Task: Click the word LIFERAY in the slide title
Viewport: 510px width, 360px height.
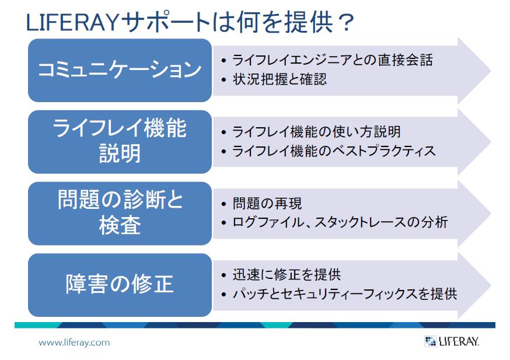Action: tap(72, 22)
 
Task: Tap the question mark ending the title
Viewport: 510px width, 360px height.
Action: tap(346, 22)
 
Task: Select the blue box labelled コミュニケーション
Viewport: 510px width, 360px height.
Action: tap(120, 70)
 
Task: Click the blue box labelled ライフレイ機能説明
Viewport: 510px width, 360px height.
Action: tap(120, 142)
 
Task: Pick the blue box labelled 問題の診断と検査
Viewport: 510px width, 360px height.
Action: tap(120, 214)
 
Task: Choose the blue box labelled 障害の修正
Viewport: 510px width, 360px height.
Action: tap(120, 285)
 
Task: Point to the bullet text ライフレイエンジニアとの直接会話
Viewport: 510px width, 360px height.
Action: tap(333, 60)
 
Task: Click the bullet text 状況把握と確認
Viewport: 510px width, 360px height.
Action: tap(280, 79)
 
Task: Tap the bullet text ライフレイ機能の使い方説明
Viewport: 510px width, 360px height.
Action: tap(316, 132)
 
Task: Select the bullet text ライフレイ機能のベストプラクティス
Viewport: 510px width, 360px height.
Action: tap(334, 151)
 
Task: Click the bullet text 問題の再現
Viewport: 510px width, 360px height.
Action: tap(267, 204)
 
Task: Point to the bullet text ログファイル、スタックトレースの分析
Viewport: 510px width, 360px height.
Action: tap(340, 222)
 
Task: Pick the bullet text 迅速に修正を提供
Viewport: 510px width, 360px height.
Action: tap(287, 275)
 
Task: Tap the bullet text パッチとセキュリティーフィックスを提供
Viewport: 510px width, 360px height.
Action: tap(345, 294)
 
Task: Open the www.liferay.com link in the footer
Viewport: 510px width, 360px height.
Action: tap(74, 342)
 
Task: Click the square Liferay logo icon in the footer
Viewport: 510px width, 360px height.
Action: tap(430, 341)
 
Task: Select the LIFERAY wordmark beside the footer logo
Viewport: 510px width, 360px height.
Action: tap(459, 341)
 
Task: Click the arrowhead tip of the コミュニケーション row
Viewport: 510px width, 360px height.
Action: tap(491, 71)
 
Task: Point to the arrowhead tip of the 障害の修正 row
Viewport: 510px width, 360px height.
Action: tap(491, 285)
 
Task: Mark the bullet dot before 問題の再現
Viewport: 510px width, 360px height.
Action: tap(223, 204)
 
